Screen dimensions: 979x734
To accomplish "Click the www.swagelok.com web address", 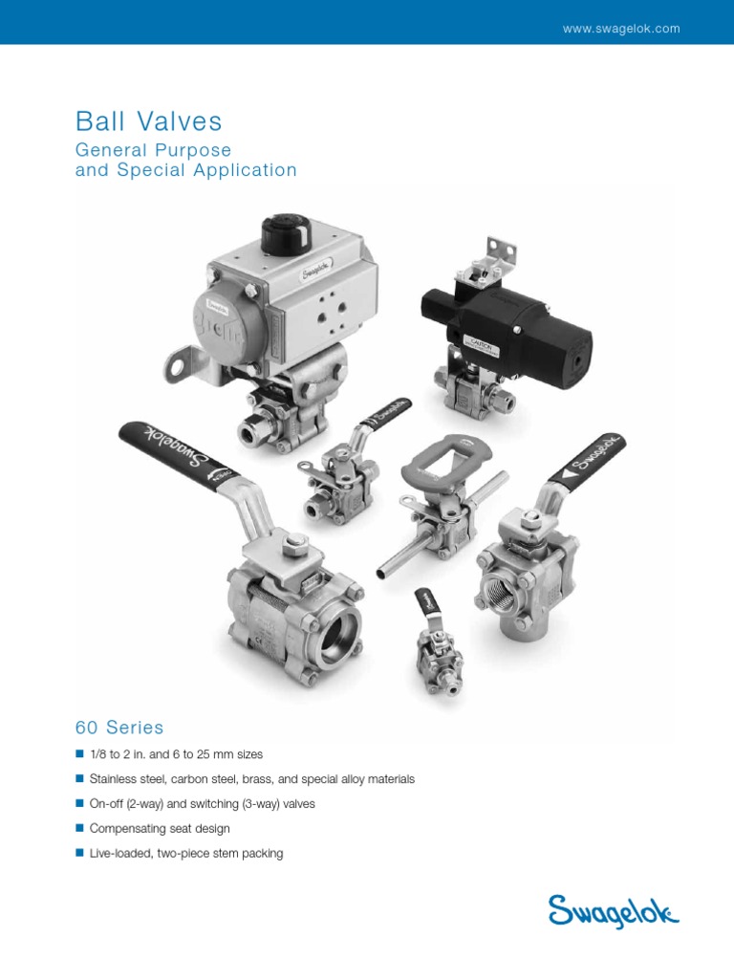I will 621,29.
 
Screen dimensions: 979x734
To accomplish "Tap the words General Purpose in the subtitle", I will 153,150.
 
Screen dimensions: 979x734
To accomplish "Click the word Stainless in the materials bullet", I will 112,779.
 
